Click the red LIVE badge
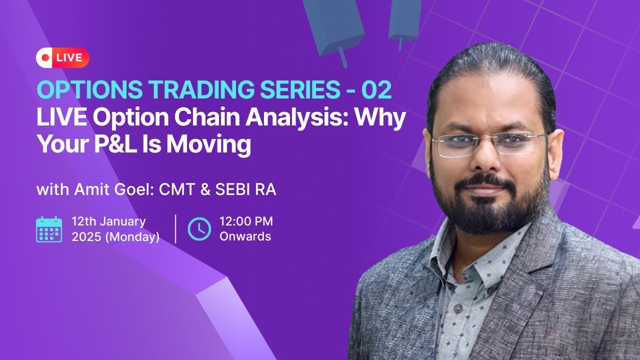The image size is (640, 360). [62, 57]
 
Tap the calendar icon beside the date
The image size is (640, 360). [49, 229]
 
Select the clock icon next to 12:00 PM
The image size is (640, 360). [199, 229]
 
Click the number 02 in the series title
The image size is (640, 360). [376, 90]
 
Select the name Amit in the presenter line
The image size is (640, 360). [89, 190]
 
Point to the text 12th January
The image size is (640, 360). [108, 221]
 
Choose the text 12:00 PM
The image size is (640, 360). [246, 221]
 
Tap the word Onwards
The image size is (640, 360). [245, 236]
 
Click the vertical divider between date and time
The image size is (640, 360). [175, 229]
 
